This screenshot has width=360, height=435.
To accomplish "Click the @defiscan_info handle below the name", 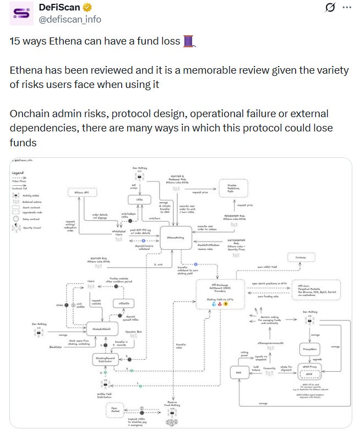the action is pos(70,19).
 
